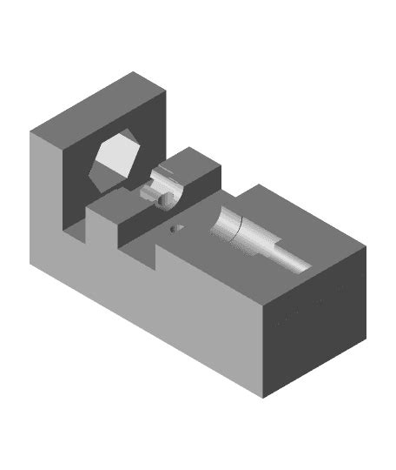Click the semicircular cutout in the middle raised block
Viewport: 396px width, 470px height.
point(165,187)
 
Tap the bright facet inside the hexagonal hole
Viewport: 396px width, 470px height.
point(113,157)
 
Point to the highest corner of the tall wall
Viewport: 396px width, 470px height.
point(134,72)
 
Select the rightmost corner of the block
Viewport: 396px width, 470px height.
point(366,247)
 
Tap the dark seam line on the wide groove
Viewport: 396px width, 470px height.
point(235,228)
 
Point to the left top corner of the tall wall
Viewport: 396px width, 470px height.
point(31,131)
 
